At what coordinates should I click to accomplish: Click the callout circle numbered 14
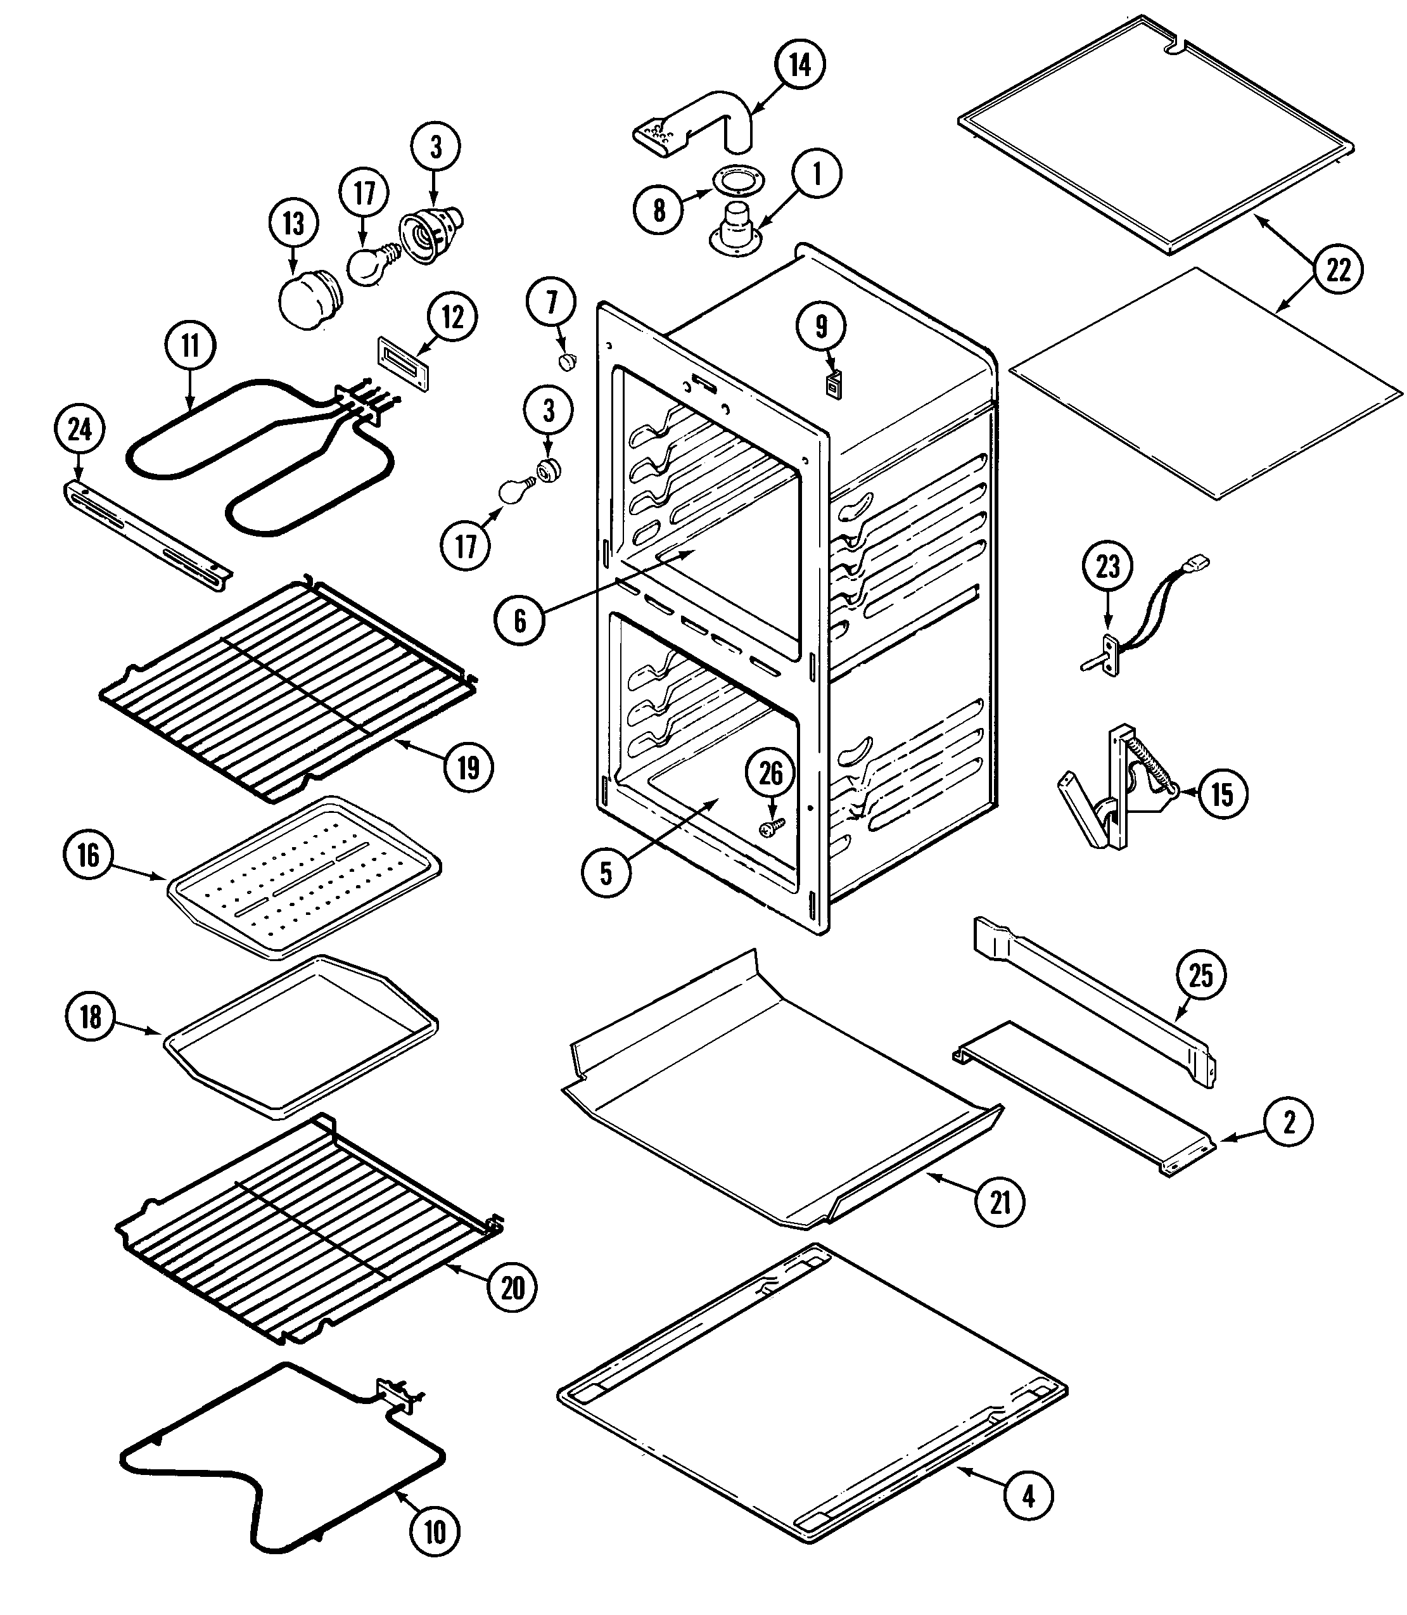(x=799, y=65)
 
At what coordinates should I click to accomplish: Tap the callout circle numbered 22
(x=1338, y=270)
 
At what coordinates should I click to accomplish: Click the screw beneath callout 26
(x=770, y=826)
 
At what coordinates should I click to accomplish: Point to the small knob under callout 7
(x=567, y=361)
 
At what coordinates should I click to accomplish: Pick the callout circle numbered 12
(x=452, y=318)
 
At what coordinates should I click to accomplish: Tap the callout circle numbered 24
(x=79, y=430)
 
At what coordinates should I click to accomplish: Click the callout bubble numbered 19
(x=468, y=767)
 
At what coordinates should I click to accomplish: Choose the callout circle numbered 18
(x=91, y=1017)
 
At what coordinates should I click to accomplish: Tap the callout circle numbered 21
(x=1000, y=1201)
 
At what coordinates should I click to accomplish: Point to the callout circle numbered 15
(x=1222, y=794)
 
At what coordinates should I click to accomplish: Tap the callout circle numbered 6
(x=519, y=620)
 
